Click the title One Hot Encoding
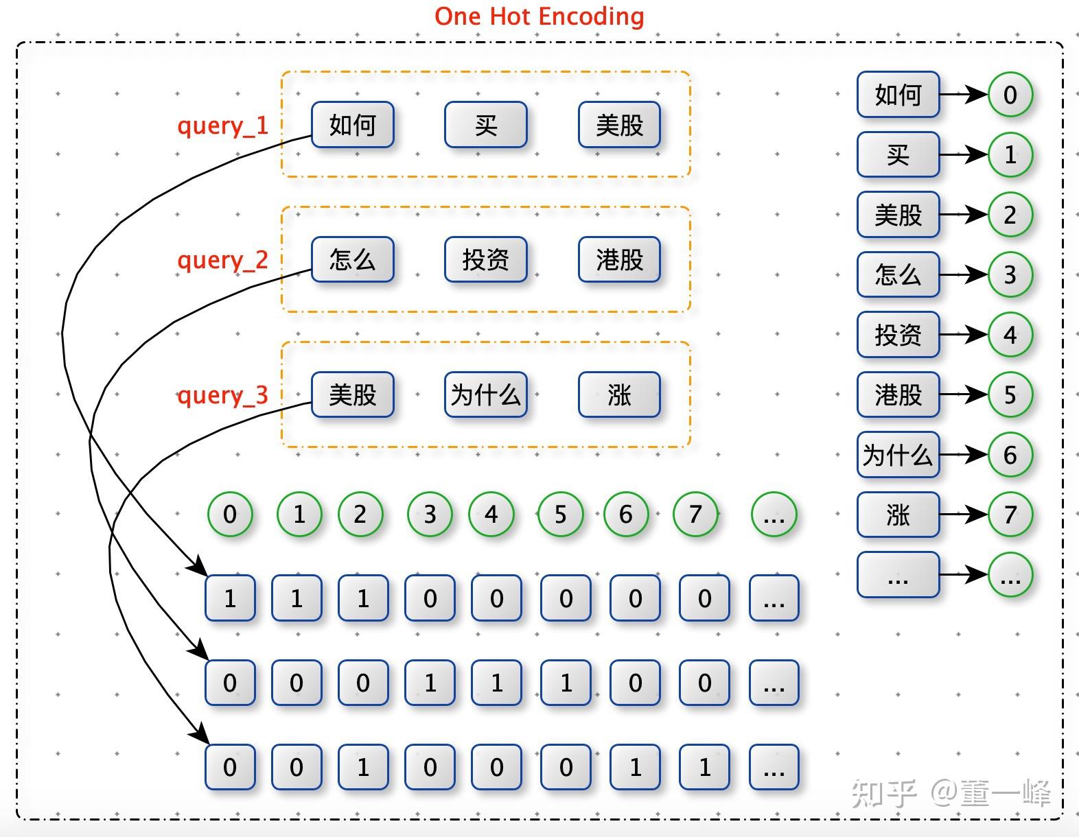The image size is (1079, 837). click(x=539, y=16)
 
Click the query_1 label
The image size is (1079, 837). click(x=222, y=126)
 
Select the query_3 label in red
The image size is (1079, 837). click(x=222, y=395)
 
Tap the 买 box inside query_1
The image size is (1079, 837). click(x=486, y=125)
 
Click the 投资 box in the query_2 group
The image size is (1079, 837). click(x=486, y=259)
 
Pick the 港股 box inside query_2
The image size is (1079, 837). click(x=619, y=259)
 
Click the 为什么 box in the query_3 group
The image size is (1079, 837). click(x=486, y=394)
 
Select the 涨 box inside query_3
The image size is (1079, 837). click(x=619, y=394)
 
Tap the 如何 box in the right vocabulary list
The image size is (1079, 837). click(x=898, y=95)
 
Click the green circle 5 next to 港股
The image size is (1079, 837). click(x=1010, y=394)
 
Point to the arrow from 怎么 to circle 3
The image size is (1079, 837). click(x=963, y=275)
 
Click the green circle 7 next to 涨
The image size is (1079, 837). click(x=1010, y=515)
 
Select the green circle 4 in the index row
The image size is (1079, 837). click(x=491, y=514)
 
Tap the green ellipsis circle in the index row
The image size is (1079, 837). click(x=774, y=514)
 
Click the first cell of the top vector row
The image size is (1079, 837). click(x=230, y=598)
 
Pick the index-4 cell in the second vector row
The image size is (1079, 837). click(x=496, y=683)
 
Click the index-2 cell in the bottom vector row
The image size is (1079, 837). click(x=363, y=767)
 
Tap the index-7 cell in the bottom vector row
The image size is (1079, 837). click(x=704, y=767)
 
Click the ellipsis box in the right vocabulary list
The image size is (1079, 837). click(x=898, y=574)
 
